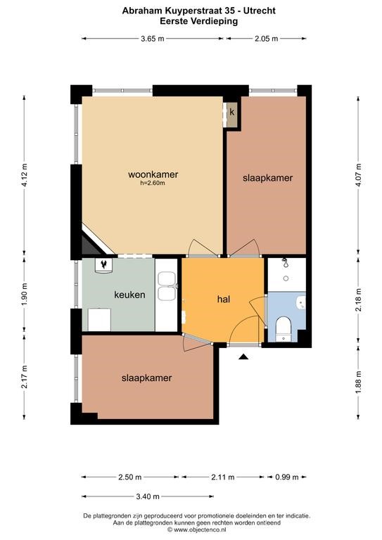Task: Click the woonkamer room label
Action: coord(153,174)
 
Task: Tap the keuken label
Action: coord(129,295)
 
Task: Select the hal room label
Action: coord(224,300)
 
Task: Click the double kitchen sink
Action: coord(166,286)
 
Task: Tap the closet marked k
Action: coord(232,112)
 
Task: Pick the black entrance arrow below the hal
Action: coord(243,356)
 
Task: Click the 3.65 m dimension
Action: coord(152,39)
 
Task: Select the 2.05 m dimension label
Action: coord(266,39)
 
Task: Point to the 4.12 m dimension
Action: coord(24,175)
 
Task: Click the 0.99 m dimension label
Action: coord(286,477)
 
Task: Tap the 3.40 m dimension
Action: coord(148,496)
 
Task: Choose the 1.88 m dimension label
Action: coord(358,382)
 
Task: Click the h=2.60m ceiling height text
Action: coord(153,184)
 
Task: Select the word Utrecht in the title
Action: coord(260,11)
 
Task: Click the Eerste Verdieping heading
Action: coord(199,21)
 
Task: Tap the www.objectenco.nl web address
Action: coord(199,529)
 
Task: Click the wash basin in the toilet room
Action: coord(300,302)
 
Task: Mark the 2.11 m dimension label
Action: coord(222,477)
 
